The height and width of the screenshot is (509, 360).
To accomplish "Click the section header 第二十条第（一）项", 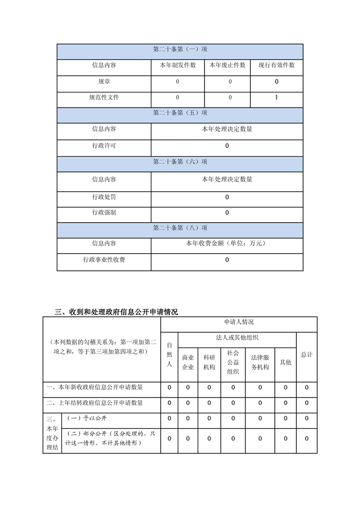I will (x=180, y=49).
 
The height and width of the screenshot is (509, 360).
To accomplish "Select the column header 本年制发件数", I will (x=178, y=65).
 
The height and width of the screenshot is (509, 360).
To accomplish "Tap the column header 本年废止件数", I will (x=227, y=65).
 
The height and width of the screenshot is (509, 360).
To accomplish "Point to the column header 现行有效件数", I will (x=276, y=65).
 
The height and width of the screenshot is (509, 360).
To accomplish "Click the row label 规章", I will (x=104, y=82).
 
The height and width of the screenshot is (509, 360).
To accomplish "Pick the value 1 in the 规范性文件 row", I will (x=276, y=98).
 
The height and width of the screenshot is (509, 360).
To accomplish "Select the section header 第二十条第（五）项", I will (x=180, y=113).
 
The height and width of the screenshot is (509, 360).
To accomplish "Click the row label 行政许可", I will (x=104, y=146).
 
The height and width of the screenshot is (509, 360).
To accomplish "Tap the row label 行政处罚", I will (x=104, y=197).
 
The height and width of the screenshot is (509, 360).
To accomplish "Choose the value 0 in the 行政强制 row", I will (x=227, y=213).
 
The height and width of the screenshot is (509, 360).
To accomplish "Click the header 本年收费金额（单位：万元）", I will (x=227, y=244).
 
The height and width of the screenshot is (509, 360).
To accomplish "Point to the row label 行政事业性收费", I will (x=104, y=260).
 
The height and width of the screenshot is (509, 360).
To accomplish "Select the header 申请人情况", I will (x=239, y=322).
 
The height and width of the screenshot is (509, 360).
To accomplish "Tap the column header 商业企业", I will (x=188, y=362).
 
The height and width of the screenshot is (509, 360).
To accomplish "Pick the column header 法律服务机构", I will (x=260, y=362).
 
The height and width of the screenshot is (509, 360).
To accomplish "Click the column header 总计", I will (x=306, y=354).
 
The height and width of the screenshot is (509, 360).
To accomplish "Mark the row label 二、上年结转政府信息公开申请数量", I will (x=95, y=403).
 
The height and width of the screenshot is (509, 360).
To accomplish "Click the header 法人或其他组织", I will (x=237, y=338).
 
